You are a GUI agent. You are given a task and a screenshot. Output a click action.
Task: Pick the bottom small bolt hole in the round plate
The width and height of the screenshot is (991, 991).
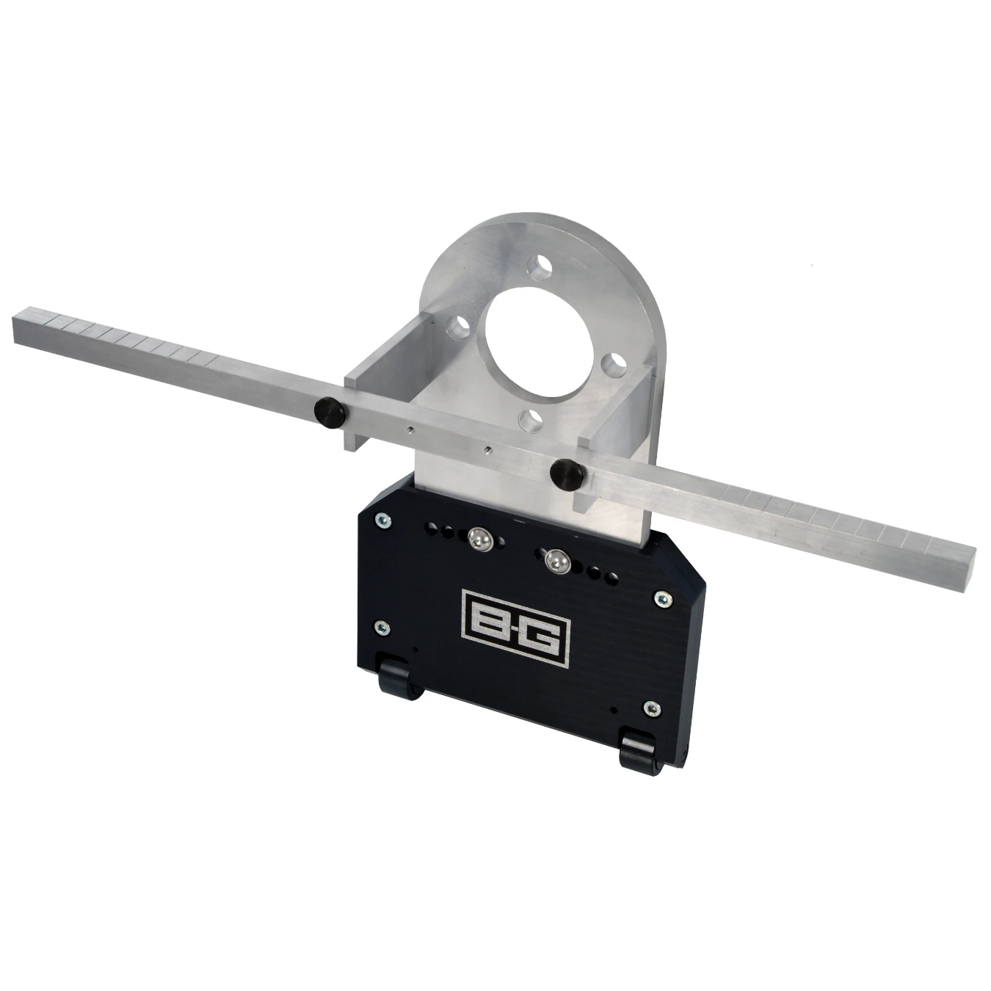pos(529,419)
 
